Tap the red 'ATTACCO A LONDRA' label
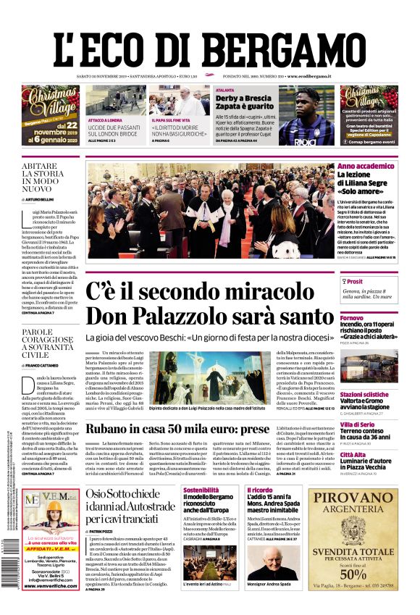(x=106, y=120)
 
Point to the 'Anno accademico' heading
(x=366, y=167)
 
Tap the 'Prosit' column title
(x=354, y=281)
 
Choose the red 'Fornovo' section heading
(x=352, y=318)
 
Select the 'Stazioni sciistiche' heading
(x=364, y=395)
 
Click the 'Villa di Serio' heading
(x=358, y=424)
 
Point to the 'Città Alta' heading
(x=353, y=454)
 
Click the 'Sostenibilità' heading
(x=201, y=490)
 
